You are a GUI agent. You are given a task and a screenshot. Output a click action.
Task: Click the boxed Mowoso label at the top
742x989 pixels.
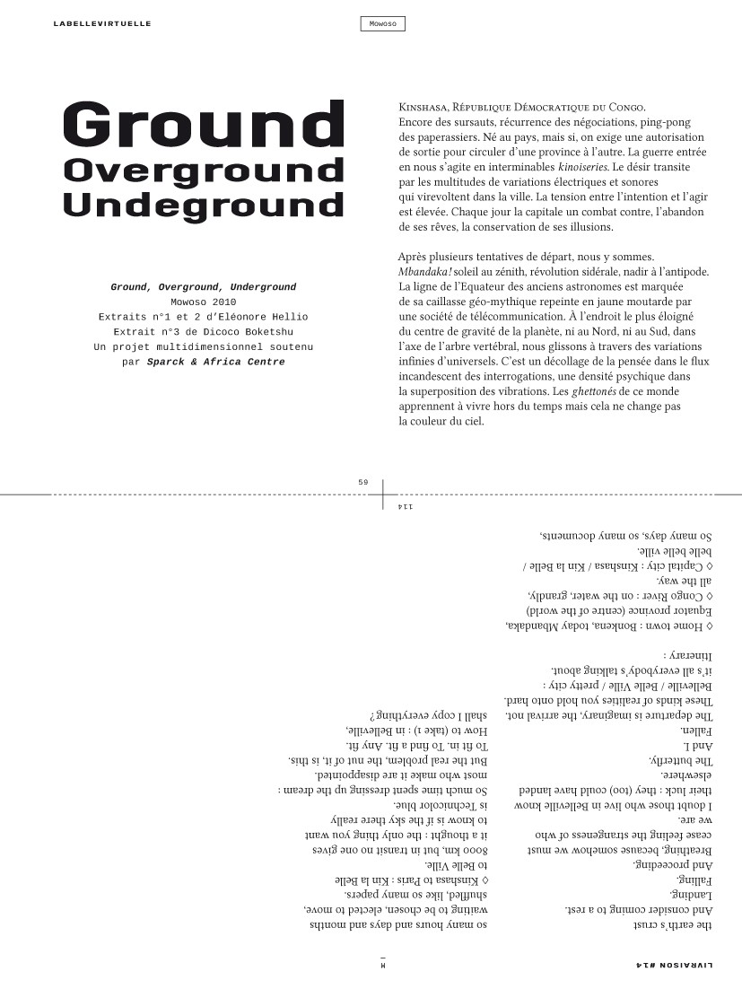coord(382,24)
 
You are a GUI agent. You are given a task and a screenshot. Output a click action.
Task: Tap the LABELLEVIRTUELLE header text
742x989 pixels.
coord(102,23)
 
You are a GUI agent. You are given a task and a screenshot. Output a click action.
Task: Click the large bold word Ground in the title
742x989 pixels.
coord(205,126)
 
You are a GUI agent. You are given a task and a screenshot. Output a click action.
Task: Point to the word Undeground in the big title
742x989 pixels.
coord(204,204)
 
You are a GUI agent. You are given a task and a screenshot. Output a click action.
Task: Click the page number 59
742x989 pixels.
coord(363,482)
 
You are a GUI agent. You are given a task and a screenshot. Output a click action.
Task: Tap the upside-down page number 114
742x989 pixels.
coord(404,507)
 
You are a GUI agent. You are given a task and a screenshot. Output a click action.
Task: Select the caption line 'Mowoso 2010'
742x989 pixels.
coord(203,302)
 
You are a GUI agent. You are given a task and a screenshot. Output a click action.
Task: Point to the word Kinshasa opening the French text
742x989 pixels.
coord(426,108)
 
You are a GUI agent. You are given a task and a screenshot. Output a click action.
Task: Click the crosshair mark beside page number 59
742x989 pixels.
coord(383,494)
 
